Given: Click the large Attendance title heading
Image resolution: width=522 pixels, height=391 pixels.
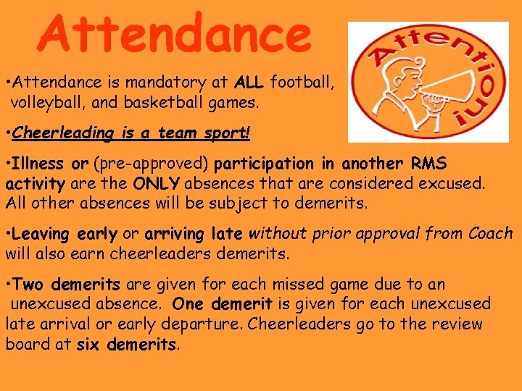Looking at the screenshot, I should [175, 33].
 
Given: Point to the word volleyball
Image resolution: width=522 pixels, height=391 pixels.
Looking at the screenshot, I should [48, 103].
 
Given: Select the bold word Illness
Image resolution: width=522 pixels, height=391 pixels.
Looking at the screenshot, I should [41, 164].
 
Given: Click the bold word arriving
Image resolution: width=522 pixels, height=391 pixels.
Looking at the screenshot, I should [175, 234].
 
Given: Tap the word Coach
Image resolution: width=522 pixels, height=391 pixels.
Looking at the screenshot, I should [491, 234].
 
